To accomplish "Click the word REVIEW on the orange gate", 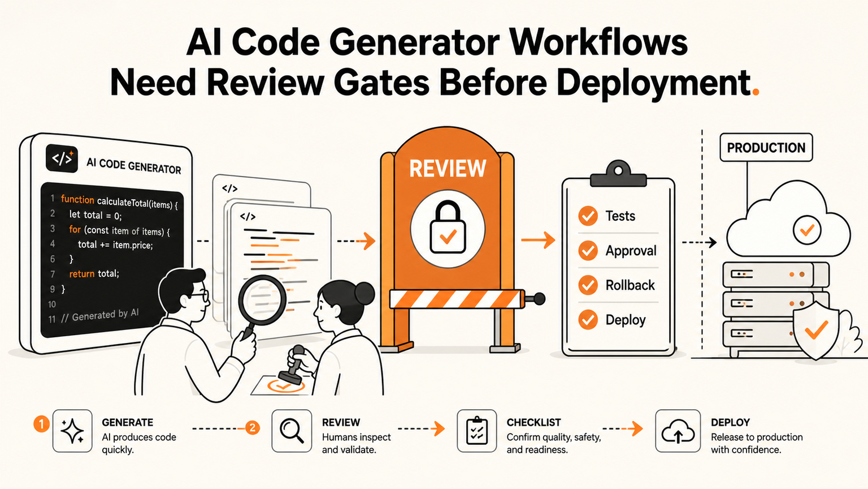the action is pos(448,169).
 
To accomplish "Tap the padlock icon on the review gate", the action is pos(448,228).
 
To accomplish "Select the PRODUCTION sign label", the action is pos(766,148).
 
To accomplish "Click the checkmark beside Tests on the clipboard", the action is pos(588,216).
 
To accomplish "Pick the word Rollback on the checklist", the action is pos(630,285).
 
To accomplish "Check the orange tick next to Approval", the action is pos(588,251).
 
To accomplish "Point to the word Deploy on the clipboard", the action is pos(626,320).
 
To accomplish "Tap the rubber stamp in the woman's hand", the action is pos(293,366).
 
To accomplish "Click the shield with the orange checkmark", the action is pos(815,331).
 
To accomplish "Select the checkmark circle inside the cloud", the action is pos(807,230).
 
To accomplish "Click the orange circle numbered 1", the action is pos(41,424).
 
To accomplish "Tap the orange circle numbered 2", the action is pos(252,428).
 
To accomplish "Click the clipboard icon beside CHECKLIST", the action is pos(477,431).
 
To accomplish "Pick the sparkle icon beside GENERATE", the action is pos(72,431).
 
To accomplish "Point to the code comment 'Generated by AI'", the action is pos(99,315).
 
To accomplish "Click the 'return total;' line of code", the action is pos(94,273).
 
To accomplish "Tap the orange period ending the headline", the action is pos(755,92).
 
